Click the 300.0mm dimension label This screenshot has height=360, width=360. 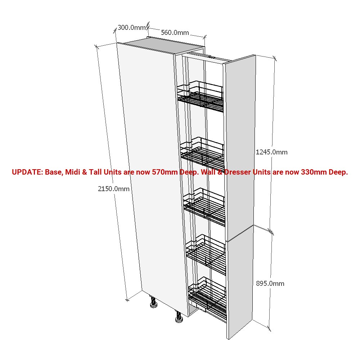point(132,28)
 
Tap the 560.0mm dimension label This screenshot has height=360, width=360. point(175,33)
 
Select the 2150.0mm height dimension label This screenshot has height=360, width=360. point(114,189)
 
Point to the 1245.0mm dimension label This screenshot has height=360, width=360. point(271,152)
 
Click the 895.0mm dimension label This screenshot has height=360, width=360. point(270,284)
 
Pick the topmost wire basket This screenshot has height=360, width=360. point(200,96)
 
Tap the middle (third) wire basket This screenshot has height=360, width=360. point(204,206)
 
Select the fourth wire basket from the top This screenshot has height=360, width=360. point(206,254)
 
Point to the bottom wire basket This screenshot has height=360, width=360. point(207,298)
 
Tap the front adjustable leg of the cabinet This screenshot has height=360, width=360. point(179,317)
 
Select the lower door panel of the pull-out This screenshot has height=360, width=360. point(240,282)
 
